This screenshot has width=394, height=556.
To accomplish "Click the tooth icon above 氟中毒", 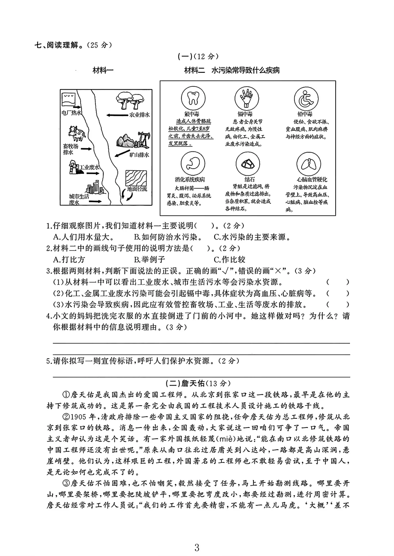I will coord(192,98).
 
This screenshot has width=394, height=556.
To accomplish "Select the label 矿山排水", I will coord(139,154).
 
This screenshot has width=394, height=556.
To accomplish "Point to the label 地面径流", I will coord(137,189).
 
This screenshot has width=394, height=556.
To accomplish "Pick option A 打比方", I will coord(69,260).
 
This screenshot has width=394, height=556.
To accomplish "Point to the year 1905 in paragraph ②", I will coord(77,417).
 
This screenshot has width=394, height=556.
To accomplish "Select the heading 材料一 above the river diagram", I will coord(103,70).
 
